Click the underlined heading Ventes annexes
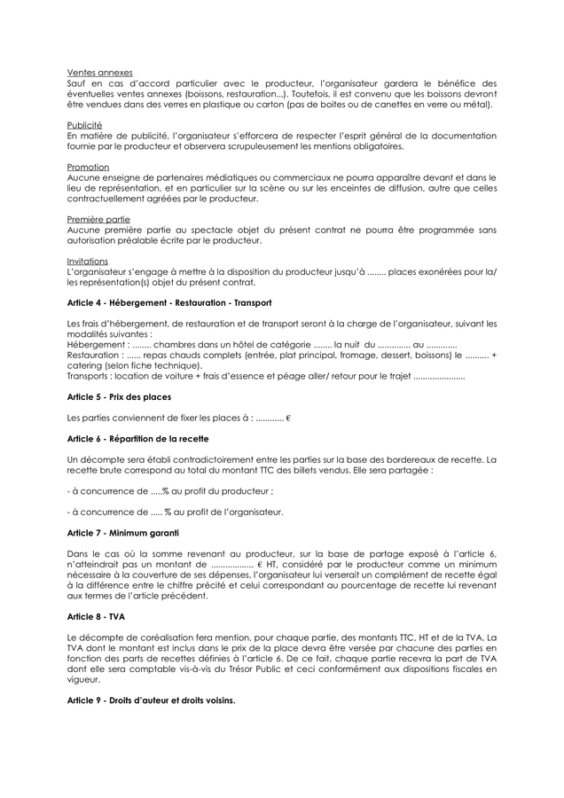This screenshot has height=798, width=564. pyautogui.click(x=100, y=72)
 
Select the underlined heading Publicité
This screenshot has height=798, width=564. pyautogui.click(x=84, y=125)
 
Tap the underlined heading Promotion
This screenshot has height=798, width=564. pyautogui.click(x=88, y=167)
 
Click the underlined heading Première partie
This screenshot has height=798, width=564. pyautogui.click(x=98, y=219)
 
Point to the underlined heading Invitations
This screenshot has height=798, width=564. pyautogui.click(x=88, y=261)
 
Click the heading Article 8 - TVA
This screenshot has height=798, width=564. pyautogui.click(x=96, y=615)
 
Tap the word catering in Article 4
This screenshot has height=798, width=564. pyautogui.click(x=87, y=364)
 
